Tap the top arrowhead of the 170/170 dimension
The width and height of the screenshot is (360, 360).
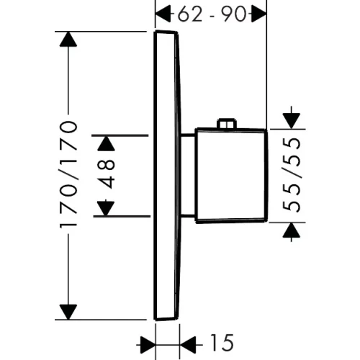point(68,40)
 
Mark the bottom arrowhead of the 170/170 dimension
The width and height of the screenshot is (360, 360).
point(68,311)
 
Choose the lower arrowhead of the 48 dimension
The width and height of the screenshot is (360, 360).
point(107,208)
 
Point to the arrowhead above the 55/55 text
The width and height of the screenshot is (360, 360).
point(291,116)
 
